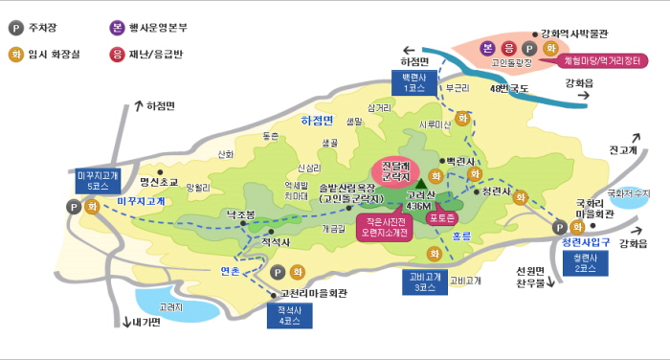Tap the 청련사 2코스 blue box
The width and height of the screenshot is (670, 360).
point(579,263)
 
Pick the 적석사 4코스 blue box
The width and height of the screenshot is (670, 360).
point(288,315)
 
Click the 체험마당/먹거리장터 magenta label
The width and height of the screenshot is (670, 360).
point(604,59)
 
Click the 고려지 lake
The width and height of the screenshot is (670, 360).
point(173,306)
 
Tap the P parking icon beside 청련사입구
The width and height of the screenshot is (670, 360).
point(560,228)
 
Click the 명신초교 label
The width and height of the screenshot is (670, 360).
point(159,180)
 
